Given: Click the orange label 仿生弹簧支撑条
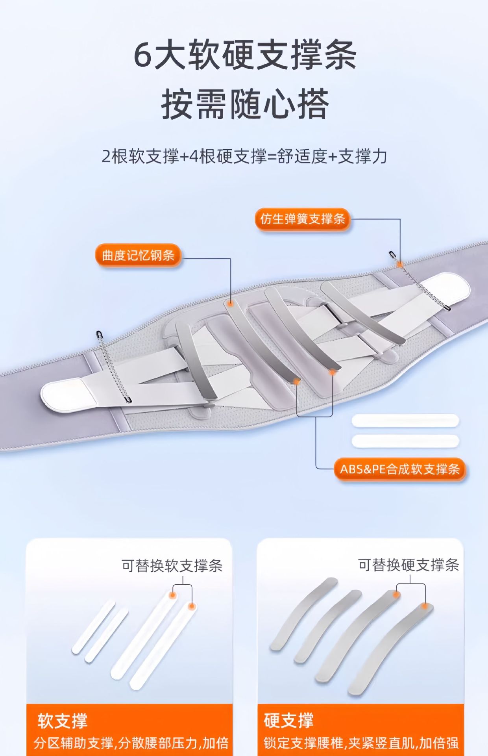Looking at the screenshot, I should click(x=302, y=219).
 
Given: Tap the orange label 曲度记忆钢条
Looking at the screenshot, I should click(x=138, y=255).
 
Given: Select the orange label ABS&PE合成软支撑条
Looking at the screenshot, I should click(x=399, y=469).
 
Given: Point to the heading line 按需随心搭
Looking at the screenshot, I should click(x=244, y=104).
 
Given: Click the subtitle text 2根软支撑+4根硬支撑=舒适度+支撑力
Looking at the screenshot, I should click(x=244, y=156).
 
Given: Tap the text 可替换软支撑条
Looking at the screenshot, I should click(x=172, y=566).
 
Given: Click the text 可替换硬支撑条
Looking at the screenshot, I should click(x=408, y=565).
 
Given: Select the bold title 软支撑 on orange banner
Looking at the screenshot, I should click(x=62, y=721).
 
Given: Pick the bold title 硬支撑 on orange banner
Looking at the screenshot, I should click(x=288, y=721).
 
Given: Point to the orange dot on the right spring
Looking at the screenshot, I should click(x=400, y=264).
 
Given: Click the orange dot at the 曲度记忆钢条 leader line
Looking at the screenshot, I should click(x=230, y=303).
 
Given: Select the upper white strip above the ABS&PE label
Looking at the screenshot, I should click(x=405, y=421).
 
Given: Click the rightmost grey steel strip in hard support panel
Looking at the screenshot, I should click(x=390, y=650).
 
